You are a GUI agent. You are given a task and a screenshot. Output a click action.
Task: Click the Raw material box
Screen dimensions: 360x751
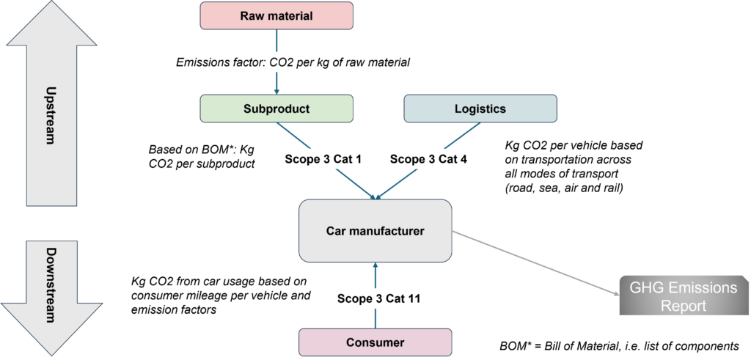tap(276, 15)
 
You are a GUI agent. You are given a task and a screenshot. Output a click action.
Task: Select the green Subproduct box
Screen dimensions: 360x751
tap(276, 109)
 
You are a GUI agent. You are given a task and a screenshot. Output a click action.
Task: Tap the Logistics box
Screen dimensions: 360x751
tap(480, 109)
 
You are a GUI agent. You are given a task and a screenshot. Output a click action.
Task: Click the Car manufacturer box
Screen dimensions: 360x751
tap(375, 231)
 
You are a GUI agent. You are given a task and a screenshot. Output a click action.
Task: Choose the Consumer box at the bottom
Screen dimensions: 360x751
tap(375, 342)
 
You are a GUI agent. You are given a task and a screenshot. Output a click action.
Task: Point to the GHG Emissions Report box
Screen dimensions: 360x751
tap(684, 296)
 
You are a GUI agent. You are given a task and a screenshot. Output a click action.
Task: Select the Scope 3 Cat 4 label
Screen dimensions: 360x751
tap(428, 159)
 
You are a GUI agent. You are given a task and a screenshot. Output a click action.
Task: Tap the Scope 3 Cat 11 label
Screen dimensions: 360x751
tap(375, 298)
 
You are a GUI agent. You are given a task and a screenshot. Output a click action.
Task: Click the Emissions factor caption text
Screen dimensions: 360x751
tap(293, 62)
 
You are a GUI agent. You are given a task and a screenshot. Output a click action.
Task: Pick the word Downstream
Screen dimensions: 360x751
tap(51, 285)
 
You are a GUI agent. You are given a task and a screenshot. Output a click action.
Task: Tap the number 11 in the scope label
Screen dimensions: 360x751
tap(416, 298)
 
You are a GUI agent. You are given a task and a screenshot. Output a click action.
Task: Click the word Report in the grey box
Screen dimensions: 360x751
tap(684, 305)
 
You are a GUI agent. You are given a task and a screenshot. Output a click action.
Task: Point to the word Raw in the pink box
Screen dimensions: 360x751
tap(252, 15)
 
